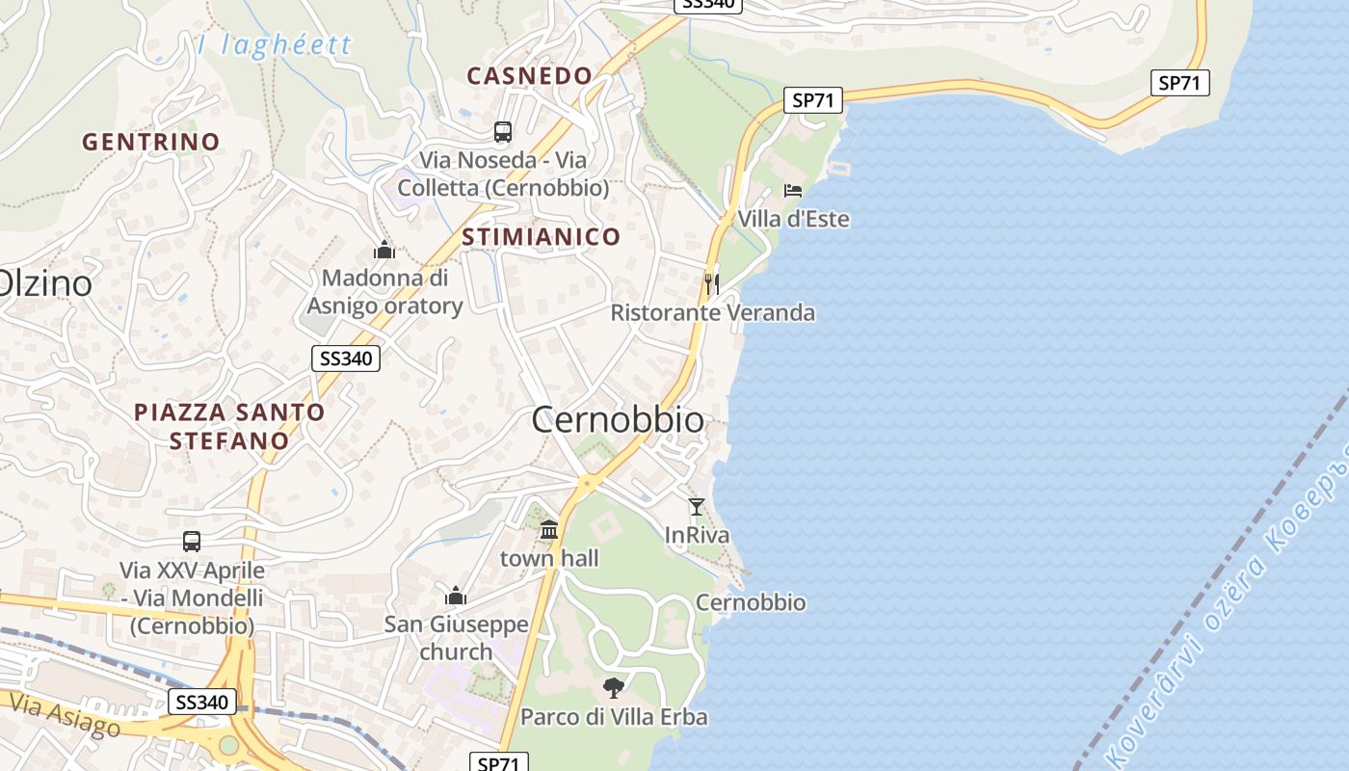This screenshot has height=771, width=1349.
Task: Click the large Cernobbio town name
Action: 618,420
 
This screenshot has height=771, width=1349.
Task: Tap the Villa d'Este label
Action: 793,219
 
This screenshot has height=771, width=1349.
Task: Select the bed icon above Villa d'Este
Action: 793,190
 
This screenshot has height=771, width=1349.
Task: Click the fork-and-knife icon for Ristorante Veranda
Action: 711,283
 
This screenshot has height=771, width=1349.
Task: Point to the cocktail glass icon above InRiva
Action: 697,506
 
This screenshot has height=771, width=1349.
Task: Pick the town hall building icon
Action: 549,529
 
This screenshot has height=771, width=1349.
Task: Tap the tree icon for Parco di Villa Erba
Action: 613,687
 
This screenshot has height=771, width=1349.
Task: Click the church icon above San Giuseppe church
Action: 456,596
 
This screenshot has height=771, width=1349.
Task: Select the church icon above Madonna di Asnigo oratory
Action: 384,251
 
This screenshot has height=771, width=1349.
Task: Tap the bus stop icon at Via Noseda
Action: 503,131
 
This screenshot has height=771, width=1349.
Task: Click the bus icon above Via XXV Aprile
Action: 192,542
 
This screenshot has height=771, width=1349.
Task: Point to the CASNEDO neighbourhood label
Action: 529,75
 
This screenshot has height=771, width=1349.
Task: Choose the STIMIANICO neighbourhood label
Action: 542,236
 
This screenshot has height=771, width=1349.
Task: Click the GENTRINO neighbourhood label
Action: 151,142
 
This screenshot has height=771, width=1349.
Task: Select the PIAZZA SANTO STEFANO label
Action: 229,426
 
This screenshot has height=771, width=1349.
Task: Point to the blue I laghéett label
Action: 275,45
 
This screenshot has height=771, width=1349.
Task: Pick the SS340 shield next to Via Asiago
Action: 202,702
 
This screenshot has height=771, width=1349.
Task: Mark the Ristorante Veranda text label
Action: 712,312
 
